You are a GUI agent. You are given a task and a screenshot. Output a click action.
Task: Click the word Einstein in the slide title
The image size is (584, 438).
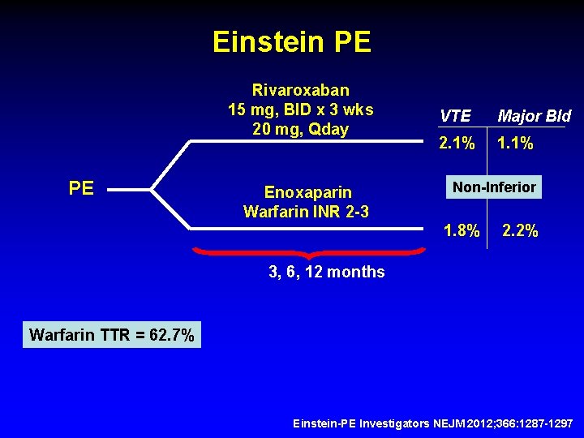pyautogui.click(x=264, y=42)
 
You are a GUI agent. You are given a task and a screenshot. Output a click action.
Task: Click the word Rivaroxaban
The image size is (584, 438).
pyautogui.click(x=301, y=89)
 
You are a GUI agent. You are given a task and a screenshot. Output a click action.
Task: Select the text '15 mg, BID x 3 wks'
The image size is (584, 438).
pyautogui.click(x=301, y=109)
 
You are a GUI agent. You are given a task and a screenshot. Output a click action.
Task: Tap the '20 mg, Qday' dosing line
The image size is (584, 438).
pyautogui.click(x=301, y=128)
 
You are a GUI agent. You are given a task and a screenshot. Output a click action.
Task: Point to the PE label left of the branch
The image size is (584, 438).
pyautogui.click(x=81, y=189)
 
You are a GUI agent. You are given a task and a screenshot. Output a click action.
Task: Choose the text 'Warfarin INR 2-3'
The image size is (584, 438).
pyautogui.click(x=307, y=212)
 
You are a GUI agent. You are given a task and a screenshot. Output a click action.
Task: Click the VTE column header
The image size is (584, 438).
pyautogui.click(x=455, y=117)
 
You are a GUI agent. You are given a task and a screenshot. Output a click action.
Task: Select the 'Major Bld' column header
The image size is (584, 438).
pyautogui.click(x=534, y=117)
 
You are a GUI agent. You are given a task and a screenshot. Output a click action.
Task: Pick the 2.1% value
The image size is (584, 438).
pyautogui.click(x=457, y=144)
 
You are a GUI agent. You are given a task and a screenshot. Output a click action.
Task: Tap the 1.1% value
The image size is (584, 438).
pyautogui.click(x=514, y=144)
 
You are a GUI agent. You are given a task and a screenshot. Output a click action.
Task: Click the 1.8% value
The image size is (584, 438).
pyautogui.click(x=462, y=230)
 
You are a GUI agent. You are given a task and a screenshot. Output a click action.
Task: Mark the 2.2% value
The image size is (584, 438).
pyautogui.click(x=520, y=230)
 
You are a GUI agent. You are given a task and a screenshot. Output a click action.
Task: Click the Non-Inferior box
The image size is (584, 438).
pyautogui.click(x=494, y=187)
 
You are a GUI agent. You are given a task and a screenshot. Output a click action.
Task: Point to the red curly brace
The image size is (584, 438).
pyautogui.click(x=308, y=253)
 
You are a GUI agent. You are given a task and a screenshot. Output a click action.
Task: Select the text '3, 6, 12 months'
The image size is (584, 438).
pyautogui.click(x=327, y=272)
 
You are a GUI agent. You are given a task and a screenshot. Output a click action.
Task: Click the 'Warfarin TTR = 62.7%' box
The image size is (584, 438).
pyautogui.click(x=112, y=334)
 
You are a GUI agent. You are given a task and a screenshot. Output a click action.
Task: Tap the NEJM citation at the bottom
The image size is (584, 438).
pyautogui.click(x=432, y=424)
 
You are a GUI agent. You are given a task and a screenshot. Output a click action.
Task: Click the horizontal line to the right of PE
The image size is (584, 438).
pyautogui.click(x=130, y=191)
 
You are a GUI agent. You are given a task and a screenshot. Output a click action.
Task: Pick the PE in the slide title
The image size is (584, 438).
pyautogui.click(x=352, y=42)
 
